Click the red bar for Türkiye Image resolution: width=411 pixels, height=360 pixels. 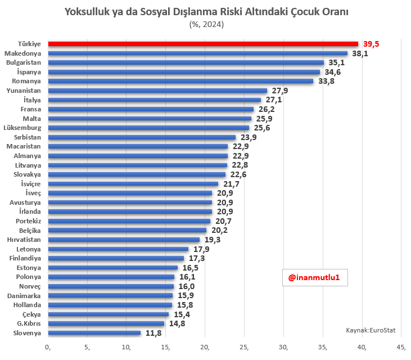pos(202,44)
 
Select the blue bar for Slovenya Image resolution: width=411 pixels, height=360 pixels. pos(94,333)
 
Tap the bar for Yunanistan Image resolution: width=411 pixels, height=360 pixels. pos(157,91)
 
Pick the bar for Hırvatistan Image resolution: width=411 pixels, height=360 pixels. pos(124,240)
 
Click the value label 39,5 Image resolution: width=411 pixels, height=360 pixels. pos(371,44)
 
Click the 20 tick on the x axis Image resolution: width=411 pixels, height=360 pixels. pos(205,346)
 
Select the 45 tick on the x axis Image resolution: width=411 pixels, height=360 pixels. pos(401,346)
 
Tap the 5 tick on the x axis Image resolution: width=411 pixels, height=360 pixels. pos(88,346)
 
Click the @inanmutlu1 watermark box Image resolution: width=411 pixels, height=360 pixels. pos(314,277)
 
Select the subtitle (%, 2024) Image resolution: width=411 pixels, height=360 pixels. pos(205,24)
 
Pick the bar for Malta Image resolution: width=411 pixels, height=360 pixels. pos(150,119)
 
